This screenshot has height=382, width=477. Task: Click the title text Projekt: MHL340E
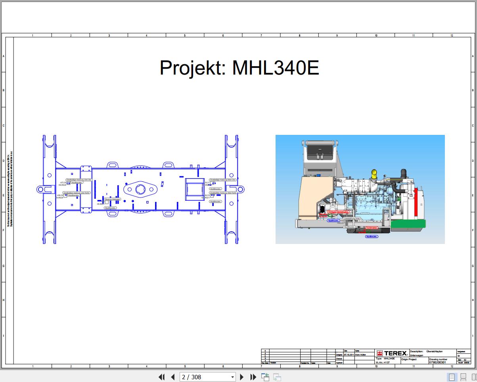(x=239, y=68)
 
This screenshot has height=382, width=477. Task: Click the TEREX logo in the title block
(x=392, y=353)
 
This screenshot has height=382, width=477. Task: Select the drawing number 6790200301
(x=437, y=362)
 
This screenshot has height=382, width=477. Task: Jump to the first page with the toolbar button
(x=161, y=377)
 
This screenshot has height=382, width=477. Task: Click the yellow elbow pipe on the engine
(x=374, y=173)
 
